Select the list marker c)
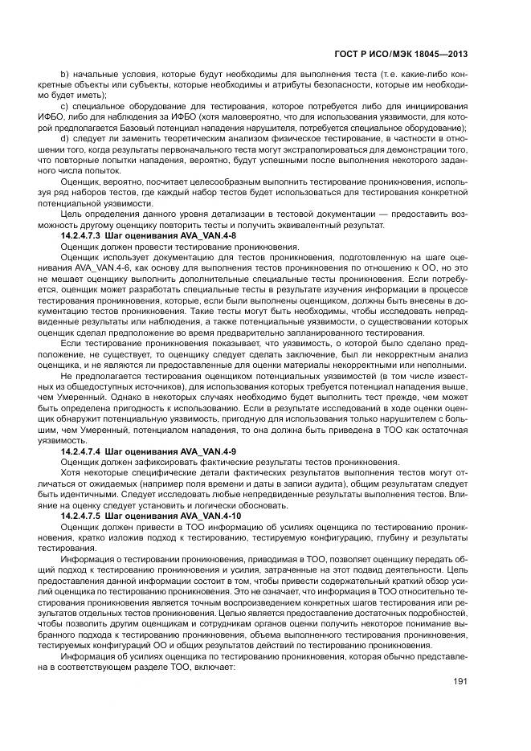[64, 106]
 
